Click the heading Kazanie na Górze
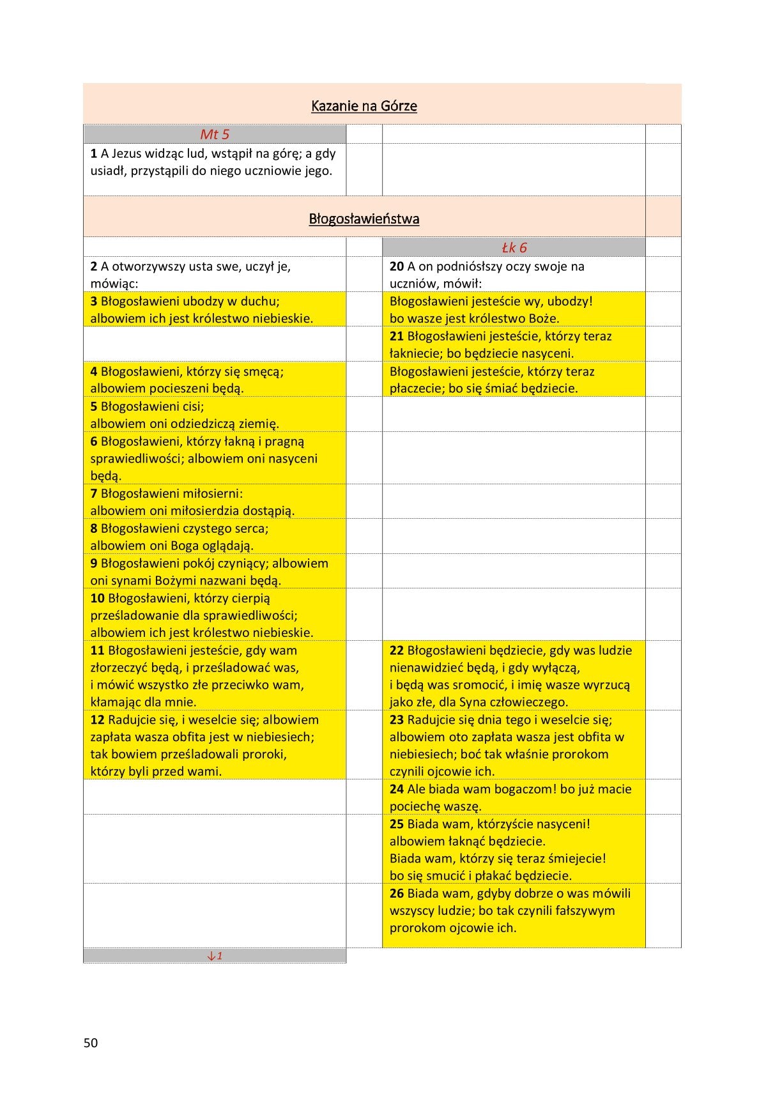(x=364, y=106)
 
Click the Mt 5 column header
(x=215, y=134)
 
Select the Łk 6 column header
(x=514, y=247)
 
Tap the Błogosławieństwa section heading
(x=364, y=219)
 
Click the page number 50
(x=91, y=1043)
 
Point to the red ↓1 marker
(x=215, y=956)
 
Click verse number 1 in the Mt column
(x=94, y=153)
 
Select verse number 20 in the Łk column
(x=397, y=266)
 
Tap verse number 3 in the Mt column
(x=94, y=302)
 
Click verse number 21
(x=397, y=336)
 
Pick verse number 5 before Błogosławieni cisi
(x=94, y=406)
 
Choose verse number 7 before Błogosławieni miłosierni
(x=94, y=494)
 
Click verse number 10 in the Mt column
(x=97, y=599)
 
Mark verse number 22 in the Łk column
(x=397, y=650)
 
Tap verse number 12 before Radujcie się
(x=97, y=720)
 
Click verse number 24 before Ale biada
(x=397, y=790)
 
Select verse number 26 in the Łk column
(x=397, y=894)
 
